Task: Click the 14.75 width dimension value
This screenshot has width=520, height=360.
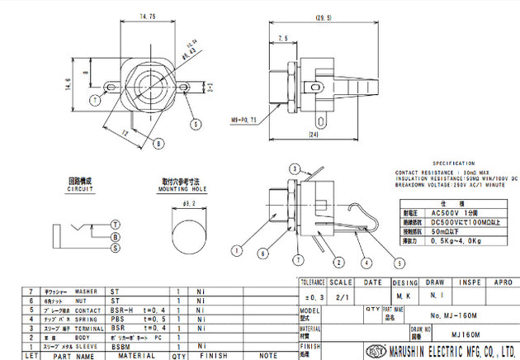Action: tap(148, 15)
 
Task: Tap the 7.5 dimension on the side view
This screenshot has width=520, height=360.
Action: tap(283, 38)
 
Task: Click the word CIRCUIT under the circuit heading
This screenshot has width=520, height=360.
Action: tap(82, 189)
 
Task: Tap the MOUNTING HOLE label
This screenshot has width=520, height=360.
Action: tap(187, 189)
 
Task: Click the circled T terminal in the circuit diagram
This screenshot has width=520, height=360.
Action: tap(116, 224)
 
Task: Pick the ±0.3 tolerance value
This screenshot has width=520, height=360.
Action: tap(311, 296)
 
